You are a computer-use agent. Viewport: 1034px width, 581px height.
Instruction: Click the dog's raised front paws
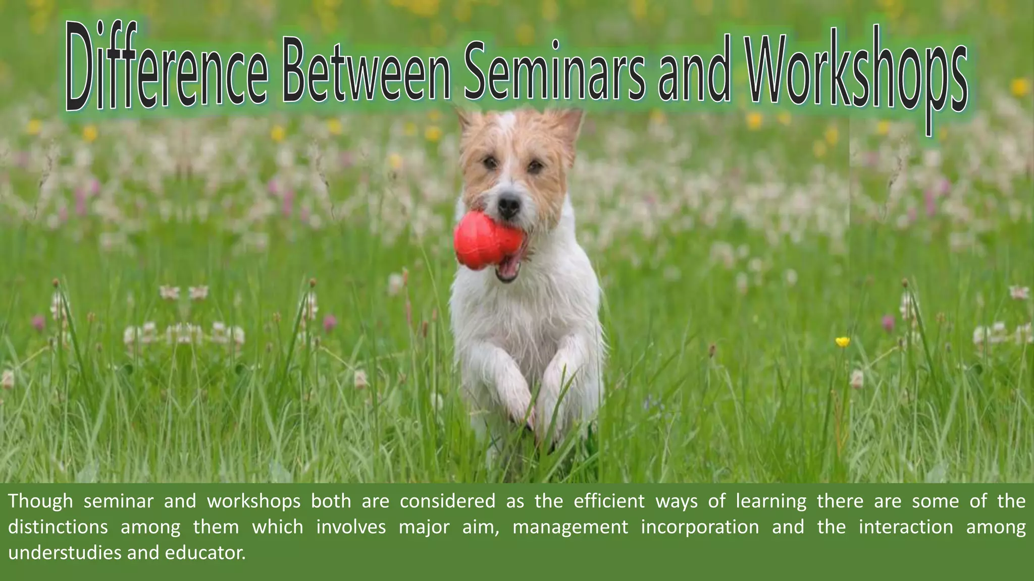525,398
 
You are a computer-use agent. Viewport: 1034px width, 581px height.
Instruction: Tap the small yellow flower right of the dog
842,342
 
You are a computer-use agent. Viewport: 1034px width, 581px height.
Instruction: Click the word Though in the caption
40,501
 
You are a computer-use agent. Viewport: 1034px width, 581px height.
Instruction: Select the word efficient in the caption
609,501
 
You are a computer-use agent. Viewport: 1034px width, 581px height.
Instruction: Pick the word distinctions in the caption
58,527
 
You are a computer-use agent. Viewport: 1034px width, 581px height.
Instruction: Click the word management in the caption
570,527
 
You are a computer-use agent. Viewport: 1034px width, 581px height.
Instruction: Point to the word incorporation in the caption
700,527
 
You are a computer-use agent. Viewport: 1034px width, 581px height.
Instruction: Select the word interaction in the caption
906,527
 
